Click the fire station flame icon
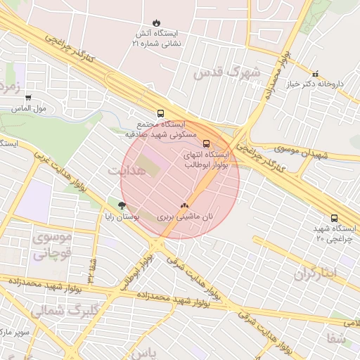tap(156, 22)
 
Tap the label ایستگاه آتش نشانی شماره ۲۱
tap(156, 38)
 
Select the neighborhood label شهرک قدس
tap(235, 72)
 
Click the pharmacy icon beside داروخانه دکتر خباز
tap(314, 73)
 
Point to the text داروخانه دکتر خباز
tap(318, 84)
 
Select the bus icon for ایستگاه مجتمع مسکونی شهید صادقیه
tap(161, 112)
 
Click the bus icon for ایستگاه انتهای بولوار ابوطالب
tap(205, 143)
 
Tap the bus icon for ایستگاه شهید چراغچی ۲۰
tap(334, 218)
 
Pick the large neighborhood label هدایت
tap(127, 171)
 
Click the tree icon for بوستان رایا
tap(122, 205)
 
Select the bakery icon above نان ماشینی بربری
tap(184, 205)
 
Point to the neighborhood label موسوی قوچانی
tap(52, 245)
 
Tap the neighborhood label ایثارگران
tap(316, 274)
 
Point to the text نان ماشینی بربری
tap(186, 217)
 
